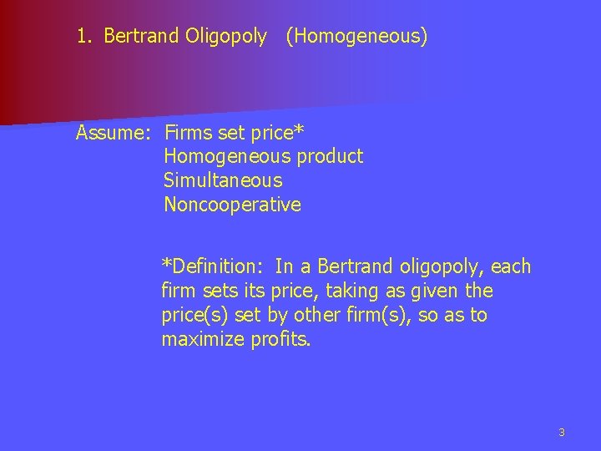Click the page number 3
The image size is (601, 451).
coord(562,432)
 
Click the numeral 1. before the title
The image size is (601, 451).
coord(83,37)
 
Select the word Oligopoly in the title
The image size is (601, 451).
coord(228,37)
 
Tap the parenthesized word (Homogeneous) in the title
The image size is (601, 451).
coord(356,37)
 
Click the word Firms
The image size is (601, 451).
coord(189,132)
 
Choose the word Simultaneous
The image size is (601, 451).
coord(223,180)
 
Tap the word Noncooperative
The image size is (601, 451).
coord(232,205)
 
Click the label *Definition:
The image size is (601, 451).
coord(212,267)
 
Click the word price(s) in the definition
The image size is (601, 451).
coord(191,316)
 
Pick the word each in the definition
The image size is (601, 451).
coord(512,267)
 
